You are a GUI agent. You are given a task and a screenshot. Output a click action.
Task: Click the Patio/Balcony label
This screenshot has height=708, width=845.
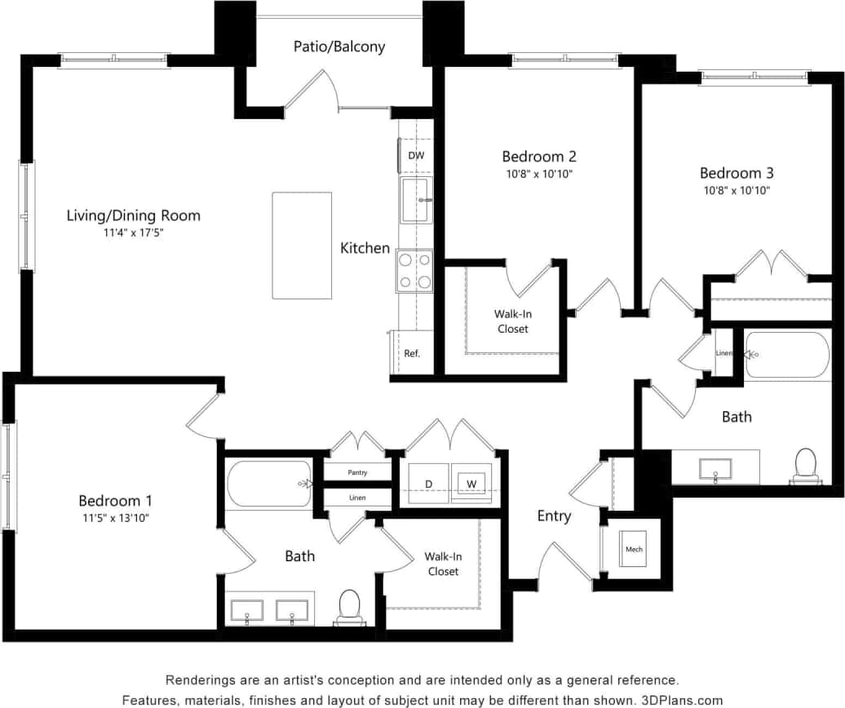click(x=339, y=46)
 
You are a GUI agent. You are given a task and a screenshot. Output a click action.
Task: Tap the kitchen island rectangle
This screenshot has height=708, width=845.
click(x=302, y=246)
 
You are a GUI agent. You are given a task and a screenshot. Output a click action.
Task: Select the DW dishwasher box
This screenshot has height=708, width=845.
click(x=415, y=155)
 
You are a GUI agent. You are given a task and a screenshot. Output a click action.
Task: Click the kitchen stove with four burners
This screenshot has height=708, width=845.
click(x=414, y=272)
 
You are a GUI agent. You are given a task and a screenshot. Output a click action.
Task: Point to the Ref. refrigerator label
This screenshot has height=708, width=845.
click(x=412, y=354)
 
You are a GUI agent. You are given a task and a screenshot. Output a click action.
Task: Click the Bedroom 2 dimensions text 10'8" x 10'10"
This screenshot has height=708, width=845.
click(x=538, y=174)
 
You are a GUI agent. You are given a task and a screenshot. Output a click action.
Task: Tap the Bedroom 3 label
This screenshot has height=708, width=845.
click(x=737, y=173)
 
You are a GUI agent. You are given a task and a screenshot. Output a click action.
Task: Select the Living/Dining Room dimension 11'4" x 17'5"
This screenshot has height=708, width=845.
click(x=133, y=232)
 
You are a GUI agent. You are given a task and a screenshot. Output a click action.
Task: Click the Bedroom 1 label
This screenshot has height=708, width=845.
click(x=115, y=501)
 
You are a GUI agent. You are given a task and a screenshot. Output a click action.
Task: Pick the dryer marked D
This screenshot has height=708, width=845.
click(x=428, y=485)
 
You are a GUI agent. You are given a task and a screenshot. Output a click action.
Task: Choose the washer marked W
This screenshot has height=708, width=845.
click(x=471, y=485)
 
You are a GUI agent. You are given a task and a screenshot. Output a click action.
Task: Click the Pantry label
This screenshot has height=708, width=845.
click(x=357, y=472)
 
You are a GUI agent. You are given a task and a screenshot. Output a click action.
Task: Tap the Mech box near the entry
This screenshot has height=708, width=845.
click(x=634, y=549)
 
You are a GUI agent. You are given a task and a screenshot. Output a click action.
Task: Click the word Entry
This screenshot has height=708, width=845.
click(x=554, y=516)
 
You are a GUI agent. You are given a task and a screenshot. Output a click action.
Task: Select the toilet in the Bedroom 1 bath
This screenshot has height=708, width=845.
click(x=349, y=607)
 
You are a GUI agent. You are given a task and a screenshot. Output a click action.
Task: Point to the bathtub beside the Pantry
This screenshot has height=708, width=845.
click(x=269, y=484)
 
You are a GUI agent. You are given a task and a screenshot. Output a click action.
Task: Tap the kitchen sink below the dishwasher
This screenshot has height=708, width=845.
click(x=416, y=201)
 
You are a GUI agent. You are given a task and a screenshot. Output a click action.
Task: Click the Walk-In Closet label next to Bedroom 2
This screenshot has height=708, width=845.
click(x=511, y=321)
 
